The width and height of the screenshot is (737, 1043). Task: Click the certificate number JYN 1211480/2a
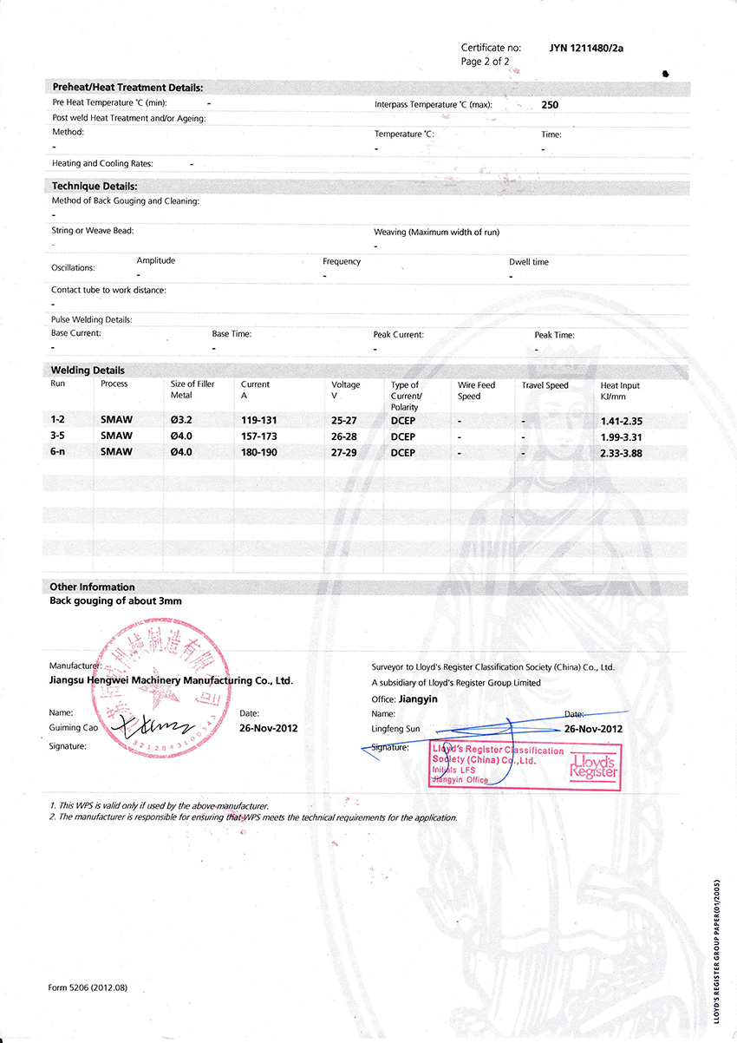(x=586, y=48)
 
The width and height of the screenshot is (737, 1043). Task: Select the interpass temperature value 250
(x=550, y=105)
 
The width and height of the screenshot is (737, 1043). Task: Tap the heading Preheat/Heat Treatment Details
(x=127, y=88)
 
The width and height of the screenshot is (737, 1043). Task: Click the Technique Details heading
(x=95, y=186)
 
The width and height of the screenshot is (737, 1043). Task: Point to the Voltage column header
(x=345, y=384)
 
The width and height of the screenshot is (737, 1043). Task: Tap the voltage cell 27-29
(x=345, y=452)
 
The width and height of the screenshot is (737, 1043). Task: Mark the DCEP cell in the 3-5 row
(x=403, y=436)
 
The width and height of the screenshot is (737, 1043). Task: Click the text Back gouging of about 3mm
(x=116, y=600)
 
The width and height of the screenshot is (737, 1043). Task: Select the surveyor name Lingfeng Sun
(x=395, y=729)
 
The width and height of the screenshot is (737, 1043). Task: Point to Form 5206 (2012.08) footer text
(x=88, y=987)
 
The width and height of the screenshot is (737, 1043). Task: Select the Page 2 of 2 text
(x=485, y=62)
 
